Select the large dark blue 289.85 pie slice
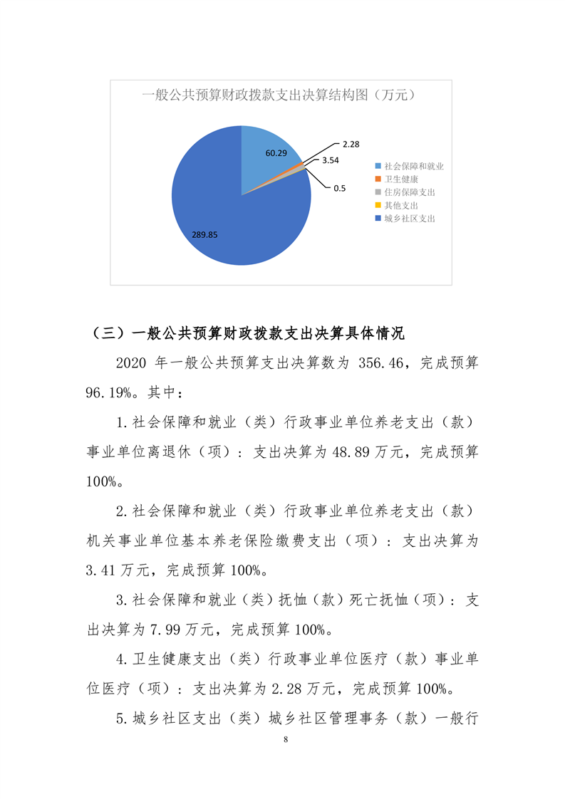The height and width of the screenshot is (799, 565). coord(228,221)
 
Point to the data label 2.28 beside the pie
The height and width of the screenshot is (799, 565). coord(350,145)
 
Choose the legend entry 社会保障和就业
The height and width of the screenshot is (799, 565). coord(414,166)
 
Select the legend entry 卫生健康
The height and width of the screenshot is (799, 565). coord(401,179)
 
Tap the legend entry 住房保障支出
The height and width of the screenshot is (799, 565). coord(410,192)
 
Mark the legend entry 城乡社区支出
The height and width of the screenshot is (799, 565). coord(410,219)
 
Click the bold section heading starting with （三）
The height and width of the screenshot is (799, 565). coord(249,333)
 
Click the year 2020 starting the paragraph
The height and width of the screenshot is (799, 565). coord(131,362)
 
